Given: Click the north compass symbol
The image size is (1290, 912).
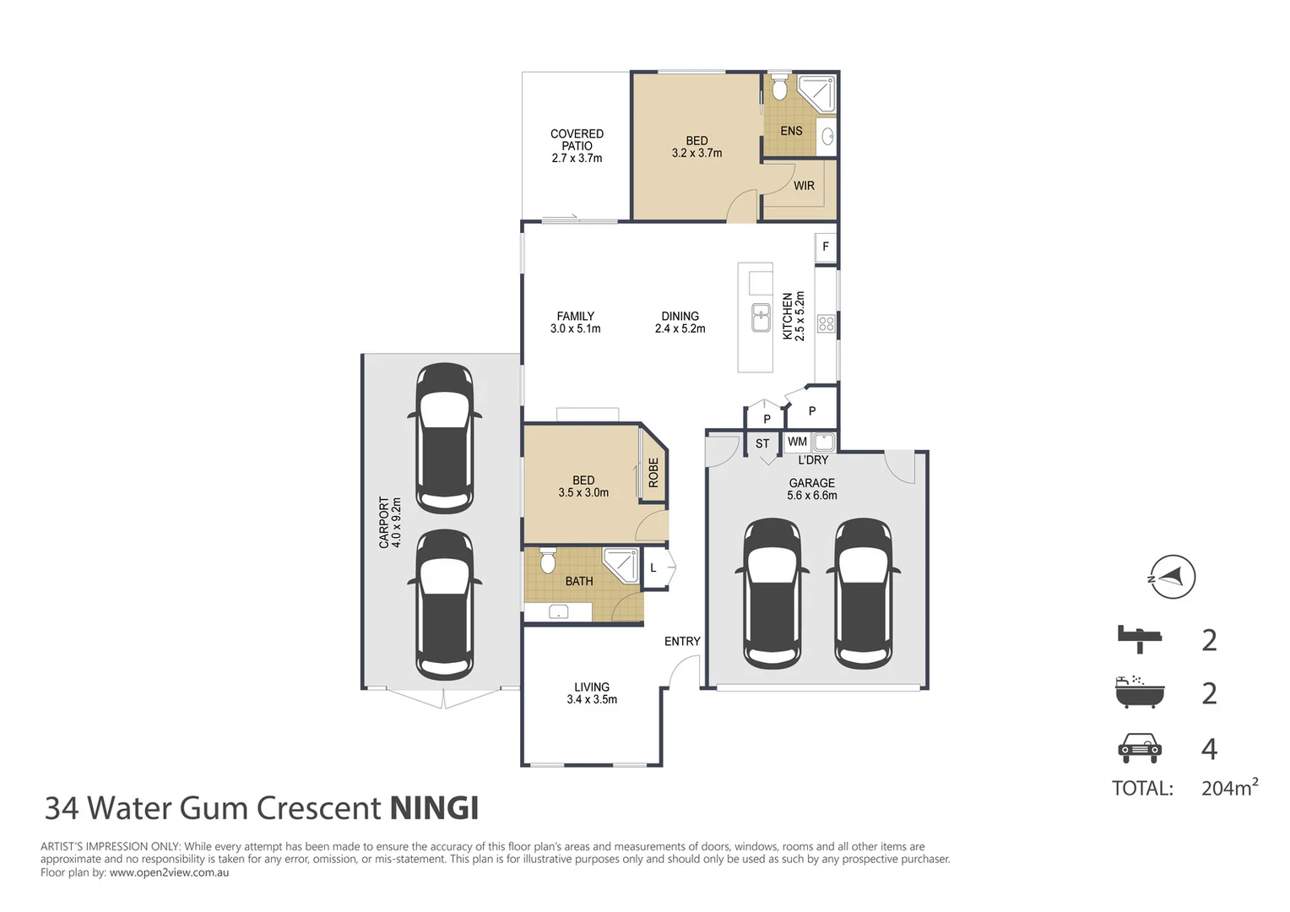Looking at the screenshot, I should tap(1172, 578).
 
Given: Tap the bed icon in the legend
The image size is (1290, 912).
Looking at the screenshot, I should tap(1139, 638).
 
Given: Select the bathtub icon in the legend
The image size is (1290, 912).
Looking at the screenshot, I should tap(1139, 692).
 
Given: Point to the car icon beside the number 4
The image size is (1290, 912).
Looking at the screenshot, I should tap(1139, 747).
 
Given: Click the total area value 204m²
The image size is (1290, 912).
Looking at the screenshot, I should tap(1229, 788).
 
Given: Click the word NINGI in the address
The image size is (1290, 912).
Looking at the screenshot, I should tap(434, 808).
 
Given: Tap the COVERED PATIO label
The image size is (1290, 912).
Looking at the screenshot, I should tap(577, 145).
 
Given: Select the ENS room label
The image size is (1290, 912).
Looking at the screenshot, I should tap(791, 131).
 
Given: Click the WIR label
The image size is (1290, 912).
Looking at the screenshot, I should tap(804, 186).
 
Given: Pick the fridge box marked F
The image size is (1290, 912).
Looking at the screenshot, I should tap(826, 247).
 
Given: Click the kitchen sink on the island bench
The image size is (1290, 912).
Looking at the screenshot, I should tap(761, 318).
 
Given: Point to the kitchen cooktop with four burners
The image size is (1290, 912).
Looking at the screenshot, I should tap(827, 323).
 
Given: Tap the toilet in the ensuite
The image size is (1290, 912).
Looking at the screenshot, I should tap(779, 87).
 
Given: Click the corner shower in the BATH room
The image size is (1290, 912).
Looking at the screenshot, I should tap(623, 562).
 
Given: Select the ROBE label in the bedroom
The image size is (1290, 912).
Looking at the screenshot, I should tap(653, 473).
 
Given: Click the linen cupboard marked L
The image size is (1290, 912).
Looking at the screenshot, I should tap(653, 568).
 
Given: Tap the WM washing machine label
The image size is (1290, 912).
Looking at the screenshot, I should tap(797, 442).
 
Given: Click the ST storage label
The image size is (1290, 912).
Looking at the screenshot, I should tap(762, 443).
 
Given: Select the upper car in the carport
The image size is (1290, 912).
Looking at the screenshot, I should tap(445, 437).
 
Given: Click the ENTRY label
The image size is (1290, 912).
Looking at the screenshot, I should tap(682, 642).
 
